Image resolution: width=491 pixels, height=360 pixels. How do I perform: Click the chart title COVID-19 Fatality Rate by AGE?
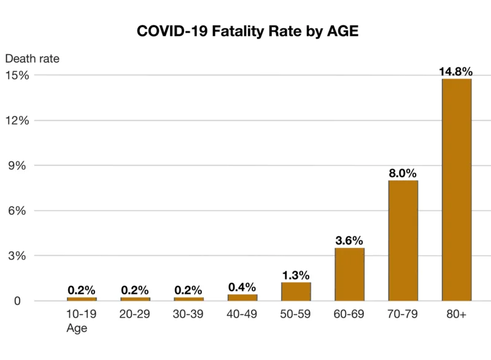[247, 32]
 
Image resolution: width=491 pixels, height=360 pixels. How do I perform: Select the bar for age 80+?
[457, 190]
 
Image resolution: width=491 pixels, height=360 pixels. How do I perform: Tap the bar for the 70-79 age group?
[403, 240]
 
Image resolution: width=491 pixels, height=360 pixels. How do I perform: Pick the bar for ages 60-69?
[350, 274]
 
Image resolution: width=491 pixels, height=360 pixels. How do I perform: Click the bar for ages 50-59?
[296, 291]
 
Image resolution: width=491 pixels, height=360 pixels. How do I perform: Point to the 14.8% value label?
[456, 71]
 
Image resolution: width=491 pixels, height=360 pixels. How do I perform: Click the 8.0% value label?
[403, 173]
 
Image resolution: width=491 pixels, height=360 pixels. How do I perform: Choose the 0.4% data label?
[242, 286]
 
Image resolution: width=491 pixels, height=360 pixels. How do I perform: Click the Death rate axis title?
[32, 59]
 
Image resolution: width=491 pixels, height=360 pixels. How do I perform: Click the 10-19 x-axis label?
[82, 315]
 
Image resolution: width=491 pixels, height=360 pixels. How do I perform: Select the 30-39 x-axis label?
[189, 315]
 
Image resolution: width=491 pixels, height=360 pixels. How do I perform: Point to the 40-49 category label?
[242, 315]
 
